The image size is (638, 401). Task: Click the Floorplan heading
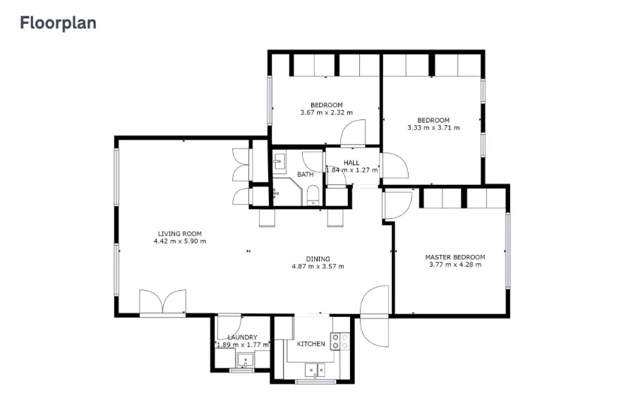tap(58, 23)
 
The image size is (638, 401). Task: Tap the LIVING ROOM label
tap(179, 234)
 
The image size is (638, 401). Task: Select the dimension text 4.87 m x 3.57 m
tap(318, 266)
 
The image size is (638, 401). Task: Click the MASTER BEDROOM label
tap(455, 257)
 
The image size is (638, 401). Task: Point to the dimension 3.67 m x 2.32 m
tap(326, 112)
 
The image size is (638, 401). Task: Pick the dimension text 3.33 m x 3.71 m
tap(433, 128)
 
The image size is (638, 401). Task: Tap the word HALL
tap(351, 163)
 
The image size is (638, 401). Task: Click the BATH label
tap(305, 174)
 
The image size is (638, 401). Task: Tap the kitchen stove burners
tap(340, 342)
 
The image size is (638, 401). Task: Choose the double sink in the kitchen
tap(315, 369)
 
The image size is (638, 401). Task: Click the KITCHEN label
tap(311, 344)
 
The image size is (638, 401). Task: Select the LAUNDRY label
tap(242, 337)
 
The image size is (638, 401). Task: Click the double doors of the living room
tap(163, 302)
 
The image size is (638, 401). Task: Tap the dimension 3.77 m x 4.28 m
tap(455, 265)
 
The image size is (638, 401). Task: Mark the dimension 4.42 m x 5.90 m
tap(179, 241)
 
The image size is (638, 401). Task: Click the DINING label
tap(318, 258)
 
